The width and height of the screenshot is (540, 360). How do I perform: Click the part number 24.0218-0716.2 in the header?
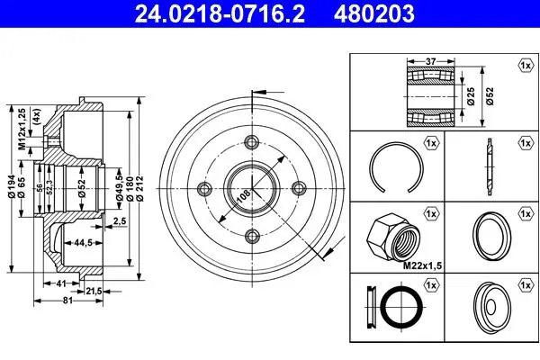220,13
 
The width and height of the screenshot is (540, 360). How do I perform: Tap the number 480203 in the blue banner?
374,13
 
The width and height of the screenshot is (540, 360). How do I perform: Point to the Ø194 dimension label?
12,186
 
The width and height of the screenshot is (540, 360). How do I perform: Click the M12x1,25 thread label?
22,130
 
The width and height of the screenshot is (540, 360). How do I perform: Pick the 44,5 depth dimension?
83,242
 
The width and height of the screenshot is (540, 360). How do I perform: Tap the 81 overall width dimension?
67,301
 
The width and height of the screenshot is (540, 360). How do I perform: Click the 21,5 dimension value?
94,292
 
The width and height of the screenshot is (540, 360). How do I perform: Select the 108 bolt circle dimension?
244,196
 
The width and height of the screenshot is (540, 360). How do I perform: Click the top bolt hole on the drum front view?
252,141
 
